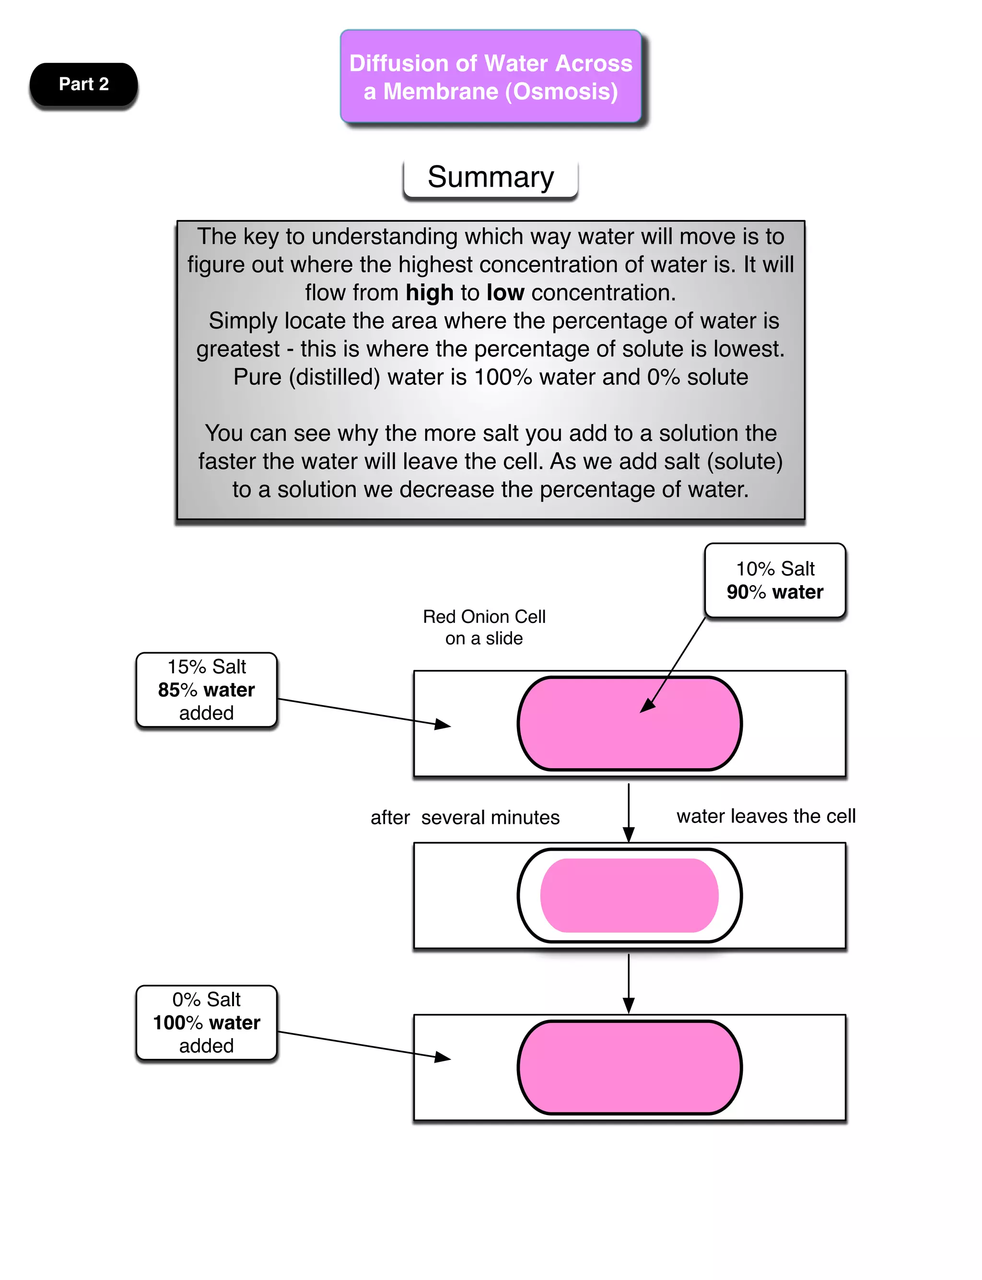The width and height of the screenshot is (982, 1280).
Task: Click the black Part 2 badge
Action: tap(83, 84)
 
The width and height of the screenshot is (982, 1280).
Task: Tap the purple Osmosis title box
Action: tap(491, 77)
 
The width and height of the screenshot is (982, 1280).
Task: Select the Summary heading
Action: tap(491, 177)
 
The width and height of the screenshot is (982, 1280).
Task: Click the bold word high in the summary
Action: tap(430, 293)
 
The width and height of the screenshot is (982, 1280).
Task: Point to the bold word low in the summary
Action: tap(505, 293)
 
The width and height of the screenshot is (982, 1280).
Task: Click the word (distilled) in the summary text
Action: tap(334, 377)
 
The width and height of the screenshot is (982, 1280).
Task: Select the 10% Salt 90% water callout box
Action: tap(774, 580)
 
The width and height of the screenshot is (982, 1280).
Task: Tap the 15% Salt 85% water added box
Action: tap(206, 690)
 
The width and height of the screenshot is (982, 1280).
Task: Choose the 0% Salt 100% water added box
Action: tap(206, 1022)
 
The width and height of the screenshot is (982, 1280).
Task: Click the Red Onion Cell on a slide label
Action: tap(484, 627)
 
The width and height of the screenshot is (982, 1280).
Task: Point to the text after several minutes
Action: tap(465, 817)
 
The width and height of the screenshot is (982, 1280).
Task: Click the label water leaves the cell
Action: tap(766, 816)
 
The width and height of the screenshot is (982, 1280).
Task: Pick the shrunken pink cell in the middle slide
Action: tap(629, 895)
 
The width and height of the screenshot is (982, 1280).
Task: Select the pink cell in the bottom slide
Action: tap(629, 1067)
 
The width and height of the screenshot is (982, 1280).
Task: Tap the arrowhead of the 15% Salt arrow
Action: tap(444, 725)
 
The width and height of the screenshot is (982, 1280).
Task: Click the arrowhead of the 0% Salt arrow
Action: tap(444, 1057)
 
